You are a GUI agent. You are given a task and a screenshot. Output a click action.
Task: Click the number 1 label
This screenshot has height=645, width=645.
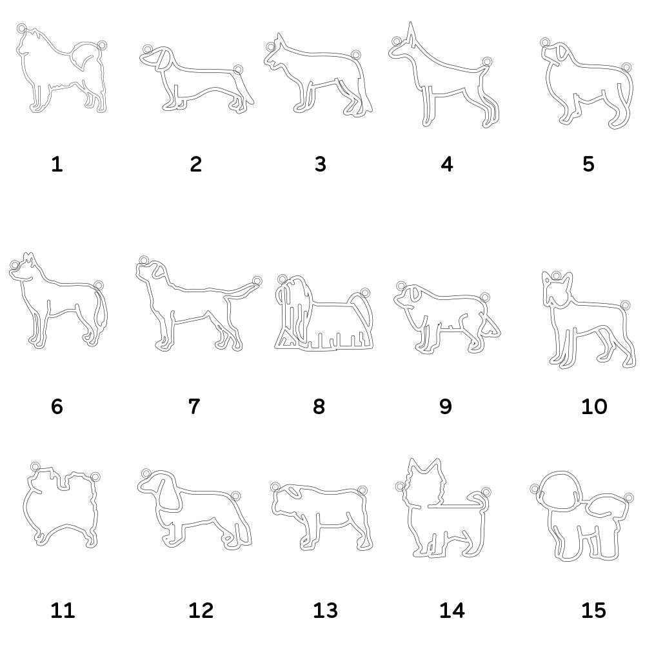57,164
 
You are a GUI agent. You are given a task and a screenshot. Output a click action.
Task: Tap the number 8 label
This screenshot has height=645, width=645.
319,406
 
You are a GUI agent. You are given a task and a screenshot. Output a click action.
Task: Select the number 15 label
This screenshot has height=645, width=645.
593,610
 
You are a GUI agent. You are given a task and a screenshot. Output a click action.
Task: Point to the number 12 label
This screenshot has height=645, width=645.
201,610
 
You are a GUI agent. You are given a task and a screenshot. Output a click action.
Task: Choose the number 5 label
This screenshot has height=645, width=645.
588,164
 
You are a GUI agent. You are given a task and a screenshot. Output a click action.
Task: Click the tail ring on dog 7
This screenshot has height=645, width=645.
257,281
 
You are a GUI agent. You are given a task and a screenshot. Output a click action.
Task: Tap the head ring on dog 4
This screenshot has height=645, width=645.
396,41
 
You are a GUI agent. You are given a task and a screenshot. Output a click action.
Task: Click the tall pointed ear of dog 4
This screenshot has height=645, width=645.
410,33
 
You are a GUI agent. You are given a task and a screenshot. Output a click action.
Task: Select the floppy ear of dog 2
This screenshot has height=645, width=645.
164,58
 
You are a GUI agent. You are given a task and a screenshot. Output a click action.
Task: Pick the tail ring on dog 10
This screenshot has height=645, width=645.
625,305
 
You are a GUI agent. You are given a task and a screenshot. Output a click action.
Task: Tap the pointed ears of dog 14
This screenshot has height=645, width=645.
425,466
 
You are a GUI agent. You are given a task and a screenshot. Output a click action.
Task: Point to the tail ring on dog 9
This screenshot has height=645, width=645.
484,297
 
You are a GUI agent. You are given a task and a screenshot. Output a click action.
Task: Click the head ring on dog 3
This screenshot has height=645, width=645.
270,46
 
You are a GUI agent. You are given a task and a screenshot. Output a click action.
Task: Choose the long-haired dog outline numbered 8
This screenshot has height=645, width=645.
324,313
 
